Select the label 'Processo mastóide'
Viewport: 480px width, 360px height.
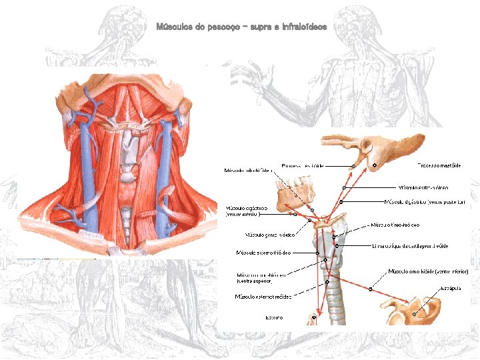pyautogui.click(x=438, y=165)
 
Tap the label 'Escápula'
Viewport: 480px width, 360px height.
pyautogui.click(x=450, y=289)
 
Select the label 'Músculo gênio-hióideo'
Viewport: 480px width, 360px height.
pyautogui.click(x=266, y=235)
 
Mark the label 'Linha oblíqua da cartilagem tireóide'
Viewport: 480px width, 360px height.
pyautogui.click(x=409, y=246)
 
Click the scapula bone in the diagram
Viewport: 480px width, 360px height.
pyautogui.click(x=408, y=307)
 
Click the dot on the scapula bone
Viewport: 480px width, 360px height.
pyautogui.click(x=414, y=312)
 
